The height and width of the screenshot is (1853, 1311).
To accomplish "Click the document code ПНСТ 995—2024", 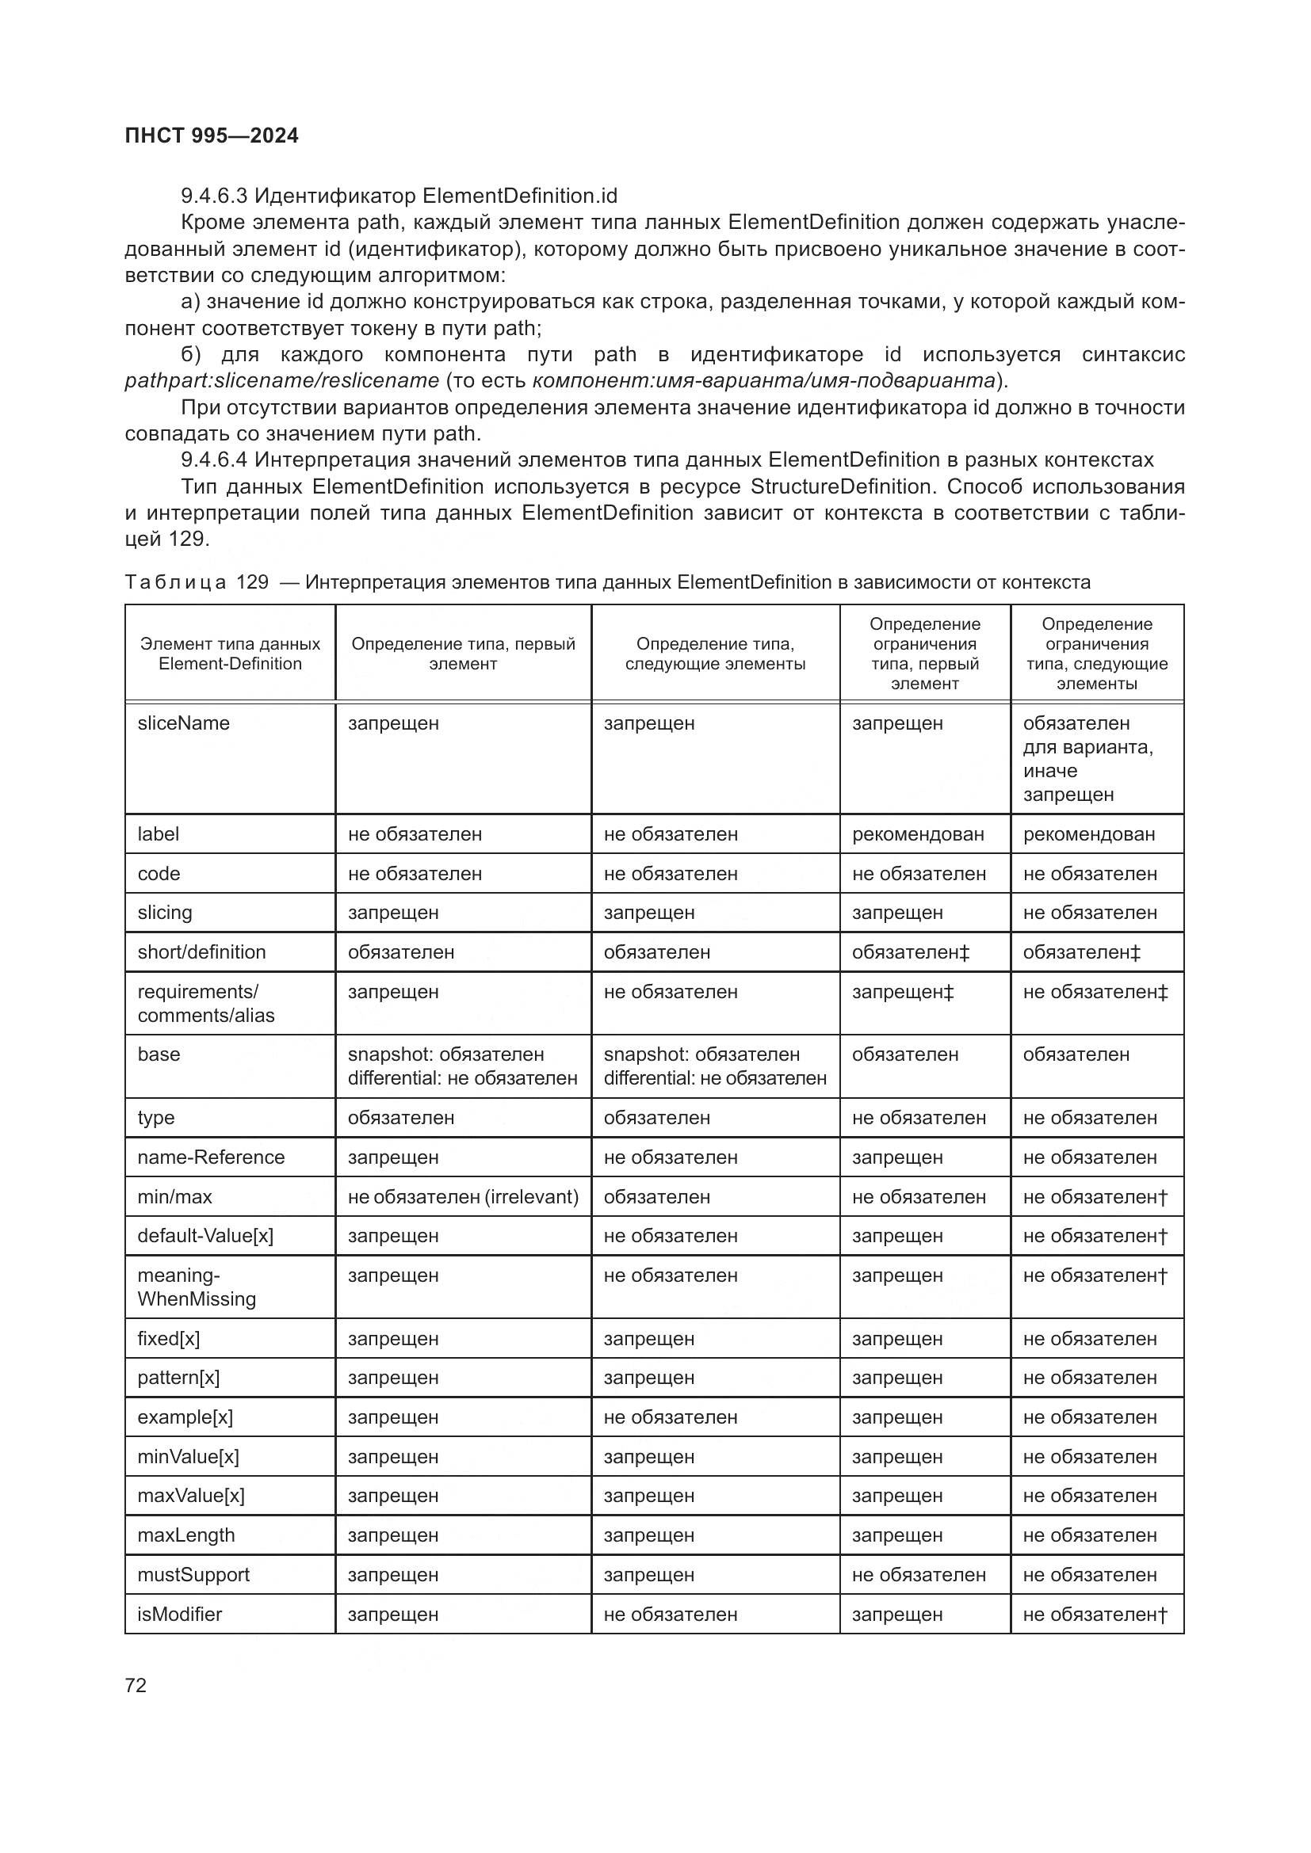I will click(212, 135).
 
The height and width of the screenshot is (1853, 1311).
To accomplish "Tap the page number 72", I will click(136, 1685).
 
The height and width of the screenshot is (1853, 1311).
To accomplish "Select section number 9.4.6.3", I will click(214, 196).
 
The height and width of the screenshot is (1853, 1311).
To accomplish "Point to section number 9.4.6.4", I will click(214, 460).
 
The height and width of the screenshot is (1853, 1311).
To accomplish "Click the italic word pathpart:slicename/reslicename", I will click(281, 380).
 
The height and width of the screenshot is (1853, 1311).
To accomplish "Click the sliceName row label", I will click(183, 723).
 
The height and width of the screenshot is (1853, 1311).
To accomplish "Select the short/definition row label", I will click(201, 952).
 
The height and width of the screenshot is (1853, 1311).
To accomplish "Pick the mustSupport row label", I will click(193, 1575).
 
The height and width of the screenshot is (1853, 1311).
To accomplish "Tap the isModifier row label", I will click(179, 1614).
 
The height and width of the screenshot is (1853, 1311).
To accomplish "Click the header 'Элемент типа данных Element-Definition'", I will click(230, 654).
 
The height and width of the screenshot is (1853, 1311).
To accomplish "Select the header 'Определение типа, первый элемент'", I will click(463, 654).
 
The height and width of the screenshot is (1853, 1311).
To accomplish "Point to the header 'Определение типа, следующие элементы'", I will click(715, 654).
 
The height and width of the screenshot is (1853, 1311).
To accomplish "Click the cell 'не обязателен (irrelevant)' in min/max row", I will click(463, 1197).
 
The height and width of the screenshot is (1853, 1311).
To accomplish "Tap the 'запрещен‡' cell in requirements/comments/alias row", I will click(903, 992).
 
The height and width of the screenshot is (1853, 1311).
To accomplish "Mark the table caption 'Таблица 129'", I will click(196, 583).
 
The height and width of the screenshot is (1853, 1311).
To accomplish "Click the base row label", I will click(159, 1054).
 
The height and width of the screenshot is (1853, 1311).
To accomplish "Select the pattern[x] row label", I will click(178, 1378).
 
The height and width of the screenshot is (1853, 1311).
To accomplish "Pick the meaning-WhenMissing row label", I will click(196, 1287).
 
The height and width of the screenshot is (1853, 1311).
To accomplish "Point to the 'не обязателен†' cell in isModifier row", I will click(1095, 1614).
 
